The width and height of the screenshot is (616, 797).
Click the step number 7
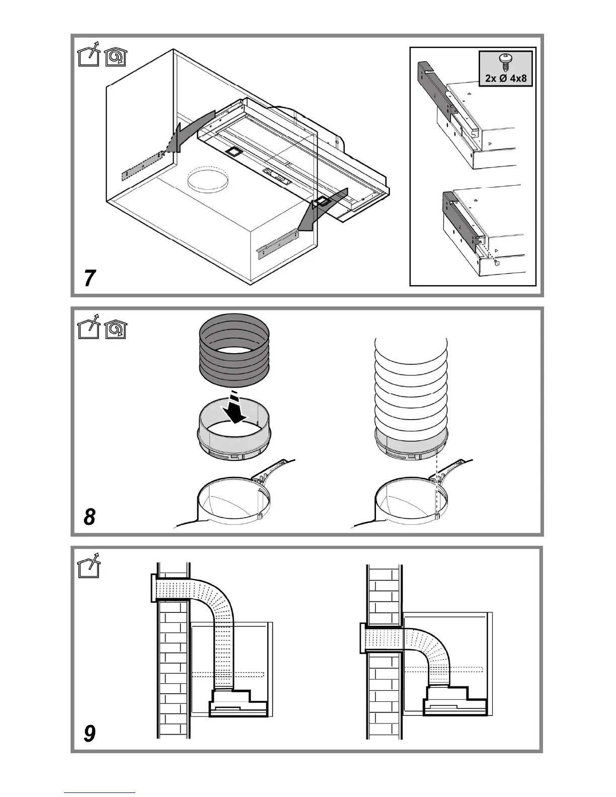90,278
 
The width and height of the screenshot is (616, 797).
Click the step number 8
90,517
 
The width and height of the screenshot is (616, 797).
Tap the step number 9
90,734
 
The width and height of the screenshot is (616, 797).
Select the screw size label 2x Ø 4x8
506,78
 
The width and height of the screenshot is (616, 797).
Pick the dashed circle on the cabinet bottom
207,179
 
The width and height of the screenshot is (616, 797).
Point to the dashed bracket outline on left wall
143,165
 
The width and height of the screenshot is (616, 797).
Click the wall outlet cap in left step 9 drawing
154,588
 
